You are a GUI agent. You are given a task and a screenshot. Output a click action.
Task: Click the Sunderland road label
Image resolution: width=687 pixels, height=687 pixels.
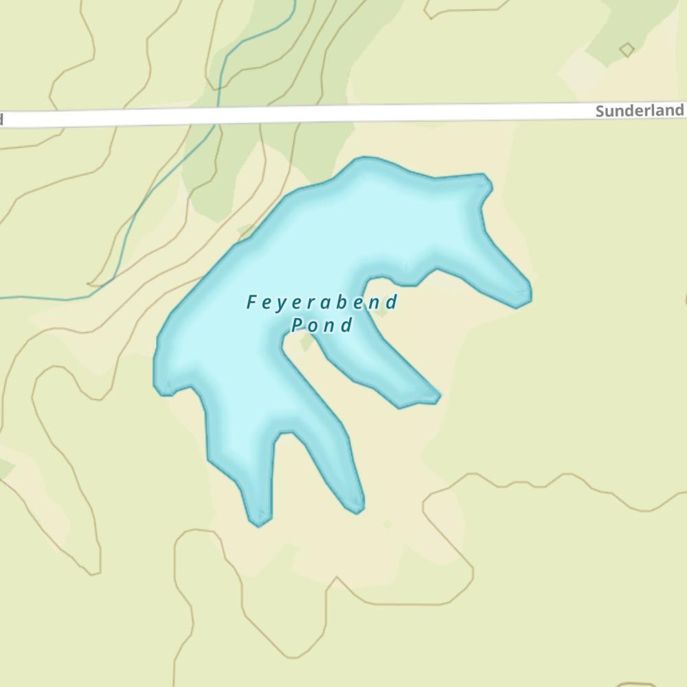pyautogui.click(x=639, y=111)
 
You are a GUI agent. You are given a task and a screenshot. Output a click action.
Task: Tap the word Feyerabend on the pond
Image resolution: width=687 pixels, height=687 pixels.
pyautogui.click(x=322, y=302)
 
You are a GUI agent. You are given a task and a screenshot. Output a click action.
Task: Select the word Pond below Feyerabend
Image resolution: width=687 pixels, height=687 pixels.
pyautogui.click(x=322, y=325)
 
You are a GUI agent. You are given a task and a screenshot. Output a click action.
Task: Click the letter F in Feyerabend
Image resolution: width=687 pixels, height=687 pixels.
pyautogui.click(x=252, y=302)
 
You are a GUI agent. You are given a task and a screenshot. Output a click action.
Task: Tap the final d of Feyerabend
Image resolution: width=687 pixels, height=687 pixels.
pyautogui.click(x=392, y=302)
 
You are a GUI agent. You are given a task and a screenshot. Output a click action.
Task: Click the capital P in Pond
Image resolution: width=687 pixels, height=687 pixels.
pyautogui.click(x=297, y=325)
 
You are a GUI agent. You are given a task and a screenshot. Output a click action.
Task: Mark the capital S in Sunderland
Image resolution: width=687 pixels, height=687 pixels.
pyautogui.click(x=600, y=111)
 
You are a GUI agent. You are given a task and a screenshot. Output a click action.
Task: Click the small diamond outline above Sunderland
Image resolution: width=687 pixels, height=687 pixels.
pyautogui.click(x=627, y=49)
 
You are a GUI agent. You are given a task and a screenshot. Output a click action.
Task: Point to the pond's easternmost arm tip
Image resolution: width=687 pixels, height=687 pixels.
pyautogui.click(x=528, y=296)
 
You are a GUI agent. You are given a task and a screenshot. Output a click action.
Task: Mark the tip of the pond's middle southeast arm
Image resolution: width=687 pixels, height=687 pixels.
pyautogui.click(x=436, y=396)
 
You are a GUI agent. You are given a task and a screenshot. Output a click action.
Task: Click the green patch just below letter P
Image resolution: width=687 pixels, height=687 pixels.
pyautogui.click(x=306, y=342)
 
